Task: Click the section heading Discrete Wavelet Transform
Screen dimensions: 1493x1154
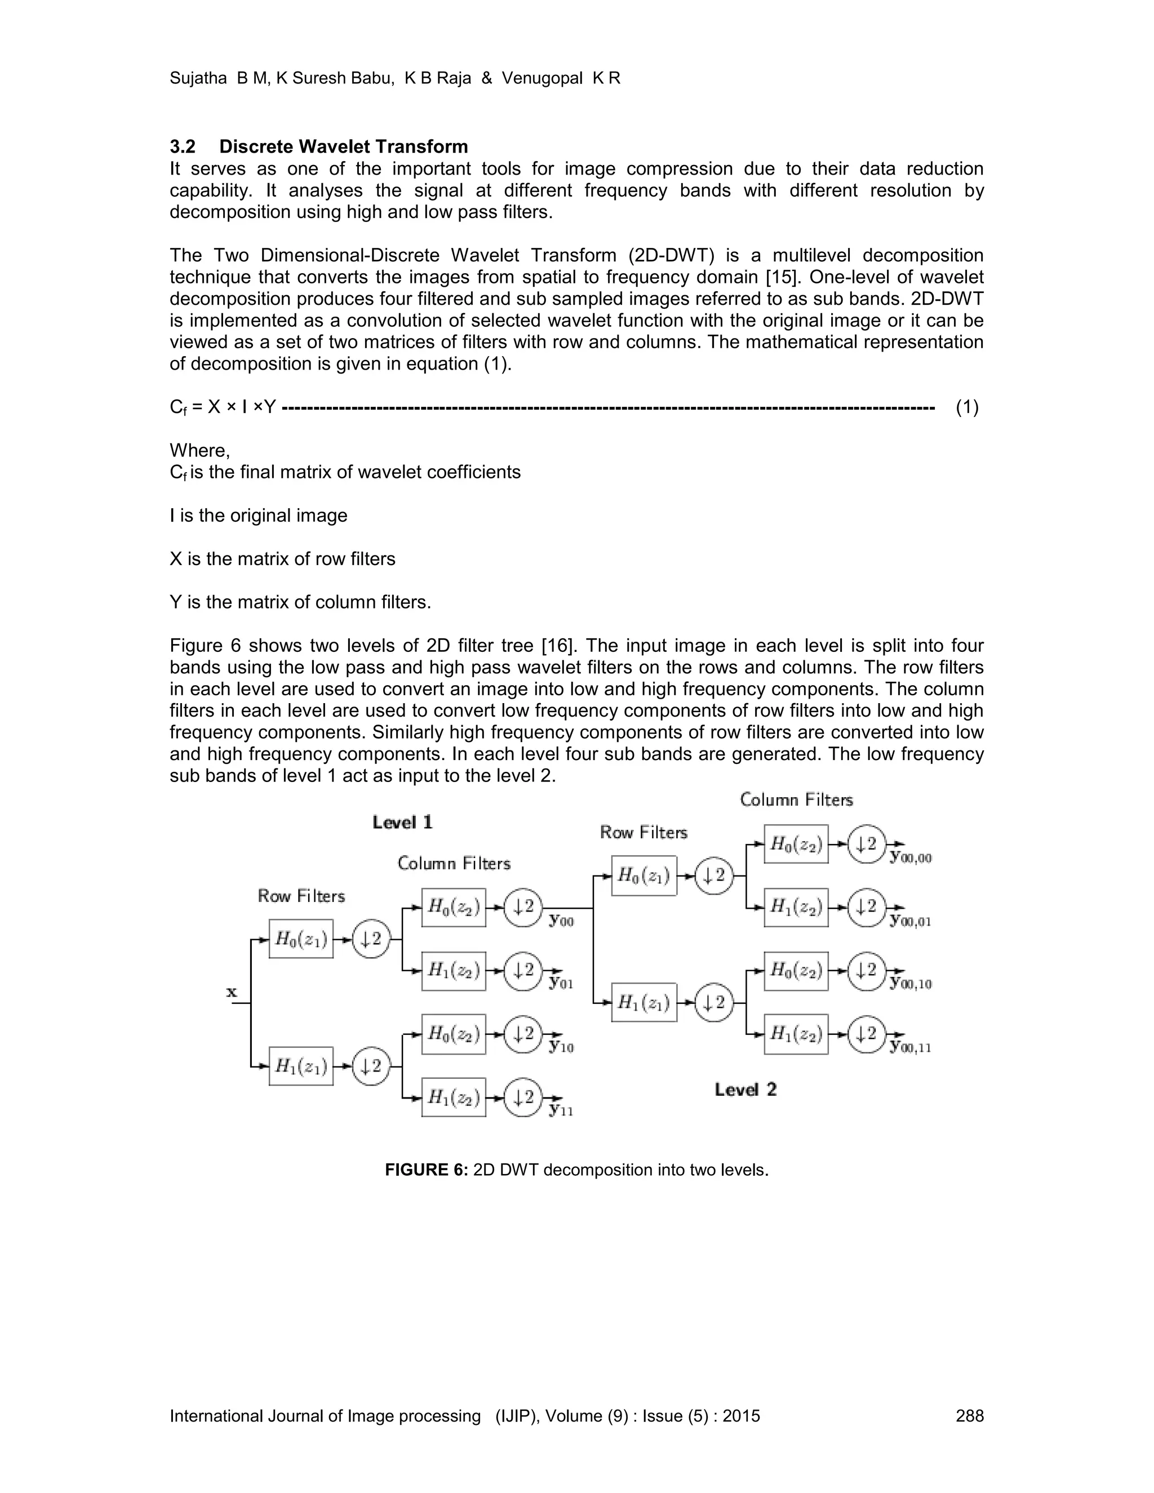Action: point(343,146)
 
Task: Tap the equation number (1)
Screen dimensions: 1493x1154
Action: point(967,407)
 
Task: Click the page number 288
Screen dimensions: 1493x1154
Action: point(969,1416)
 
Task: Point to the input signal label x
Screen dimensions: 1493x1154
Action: point(232,992)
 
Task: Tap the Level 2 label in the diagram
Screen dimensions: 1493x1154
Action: point(745,1090)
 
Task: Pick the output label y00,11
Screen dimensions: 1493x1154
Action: point(911,1047)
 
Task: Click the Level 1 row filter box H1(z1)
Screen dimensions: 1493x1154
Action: point(301,1066)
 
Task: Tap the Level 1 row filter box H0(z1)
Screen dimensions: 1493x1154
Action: point(301,939)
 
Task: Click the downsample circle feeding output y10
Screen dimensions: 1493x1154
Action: point(523,1034)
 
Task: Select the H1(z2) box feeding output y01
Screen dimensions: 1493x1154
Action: point(453,971)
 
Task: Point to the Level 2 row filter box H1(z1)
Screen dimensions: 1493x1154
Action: point(643,1002)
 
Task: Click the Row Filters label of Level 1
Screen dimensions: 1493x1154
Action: point(301,896)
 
